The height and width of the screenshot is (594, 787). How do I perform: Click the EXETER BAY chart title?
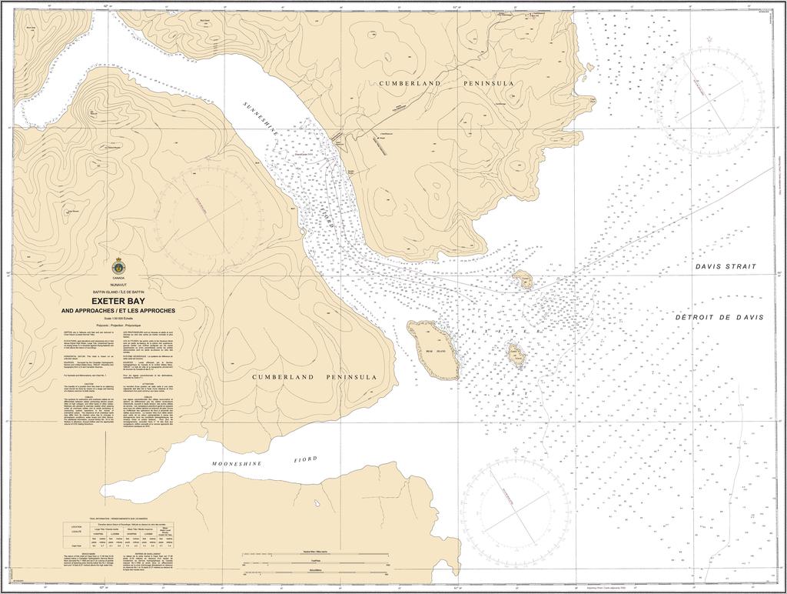click(x=118, y=302)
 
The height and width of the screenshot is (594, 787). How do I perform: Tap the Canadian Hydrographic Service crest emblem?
click(x=118, y=266)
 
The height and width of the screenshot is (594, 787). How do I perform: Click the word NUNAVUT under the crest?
click(x=118, y=285)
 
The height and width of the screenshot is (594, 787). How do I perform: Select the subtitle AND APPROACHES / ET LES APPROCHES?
click(x=118, y=310)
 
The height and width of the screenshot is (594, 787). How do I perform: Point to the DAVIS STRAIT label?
click(x=725, y=267)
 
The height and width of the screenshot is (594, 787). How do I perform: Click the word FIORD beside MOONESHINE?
click(x=304, y=459)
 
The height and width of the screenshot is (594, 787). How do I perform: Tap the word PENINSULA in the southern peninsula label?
click(x=350, y=378)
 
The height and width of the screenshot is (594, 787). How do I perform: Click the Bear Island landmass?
click(x=434, y=349)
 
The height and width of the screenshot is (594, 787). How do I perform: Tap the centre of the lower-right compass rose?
click(x=515, y=512)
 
